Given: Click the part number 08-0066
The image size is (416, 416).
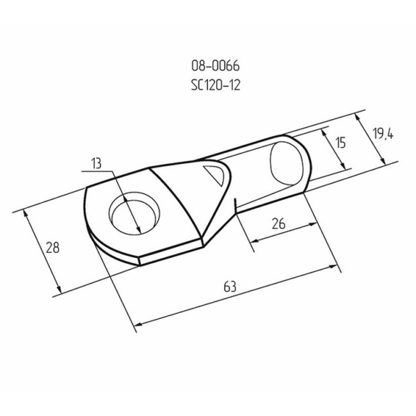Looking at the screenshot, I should pyautogui.click(x=215, y=65).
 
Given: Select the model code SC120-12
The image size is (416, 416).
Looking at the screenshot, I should pyautogui.click(x=215, y=85).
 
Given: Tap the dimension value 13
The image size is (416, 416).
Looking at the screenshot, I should pyautogui.click(x=96, y=164).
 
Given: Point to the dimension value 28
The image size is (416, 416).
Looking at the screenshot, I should pyautogui.click(x=53, y=248).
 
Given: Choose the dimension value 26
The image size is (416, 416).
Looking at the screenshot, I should pyautogui.click(x=278, y=223).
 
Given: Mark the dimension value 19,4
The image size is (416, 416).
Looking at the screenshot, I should pyautogui.click(x=382, y=133).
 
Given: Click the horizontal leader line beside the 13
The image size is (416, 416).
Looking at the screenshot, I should pyautogui.click(x=97, y=172).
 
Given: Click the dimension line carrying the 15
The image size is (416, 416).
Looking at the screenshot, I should pyautogui.click(x=333, y=148).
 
